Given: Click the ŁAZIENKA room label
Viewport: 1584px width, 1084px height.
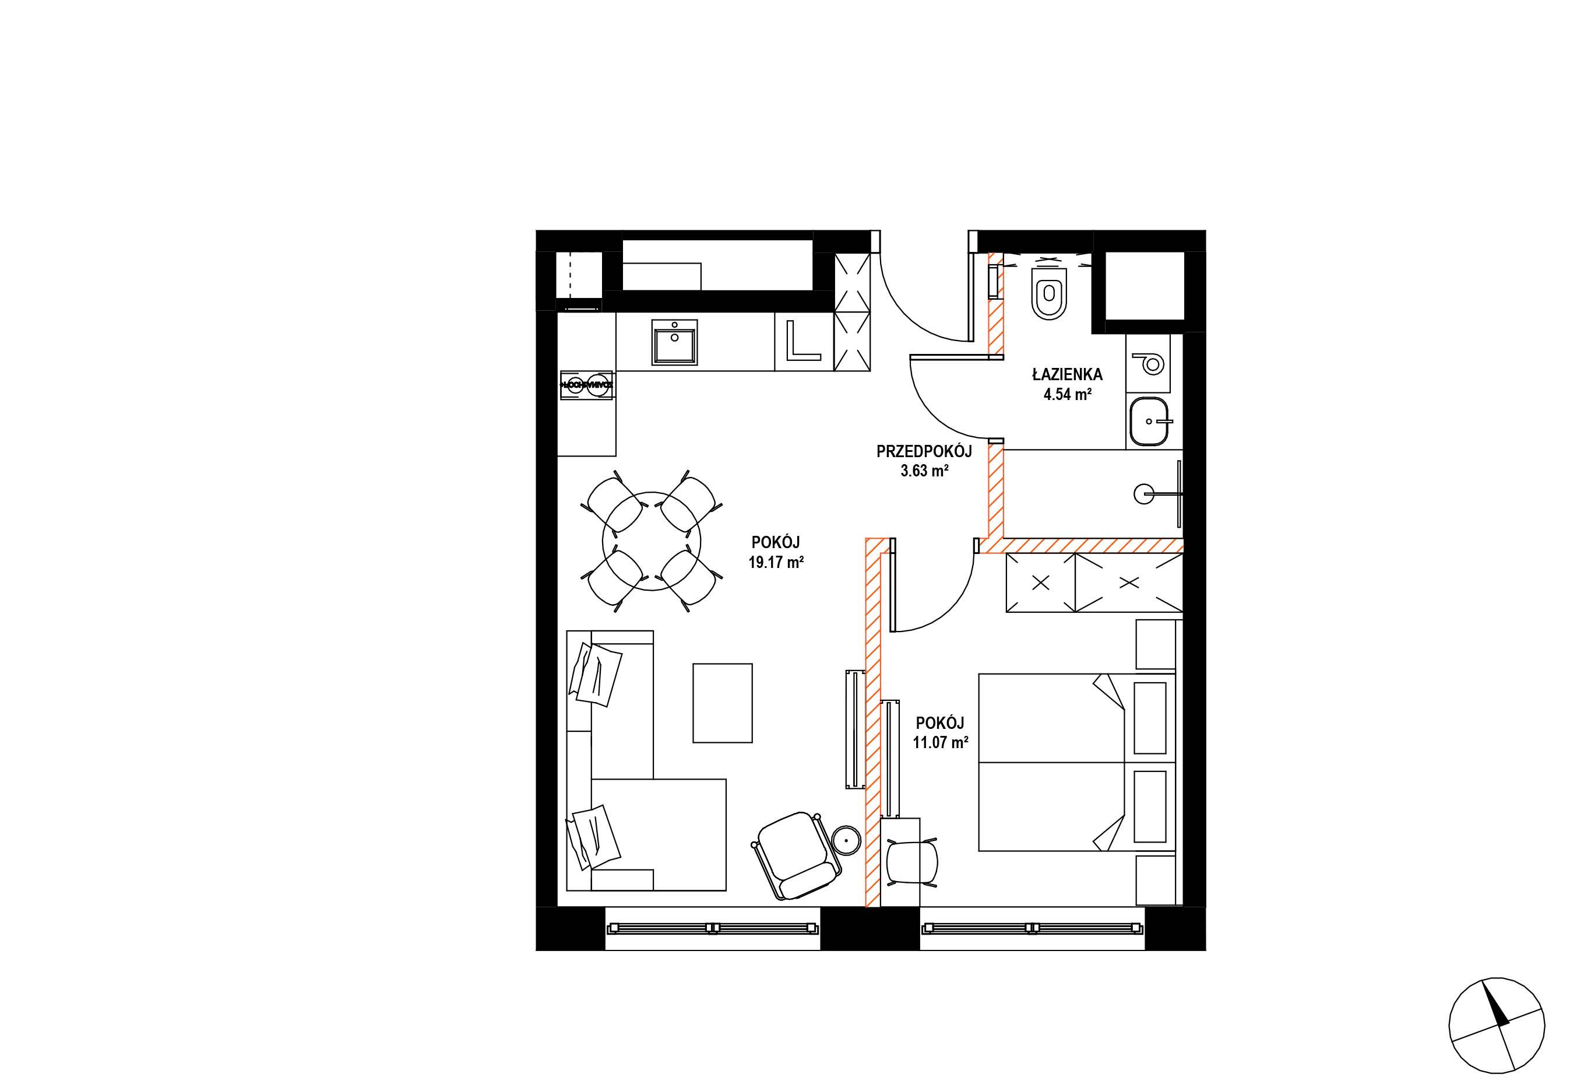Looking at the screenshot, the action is pos(1067,374).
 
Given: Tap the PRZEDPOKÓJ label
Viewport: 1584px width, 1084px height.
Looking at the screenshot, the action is pos(924,451).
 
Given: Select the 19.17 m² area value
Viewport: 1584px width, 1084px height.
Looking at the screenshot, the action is pos(776,563).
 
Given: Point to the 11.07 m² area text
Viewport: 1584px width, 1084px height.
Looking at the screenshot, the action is pos(941,742).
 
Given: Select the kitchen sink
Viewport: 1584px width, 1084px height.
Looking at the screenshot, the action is pos(675,342).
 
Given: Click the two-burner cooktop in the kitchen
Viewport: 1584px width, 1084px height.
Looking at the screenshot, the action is pos(586,384).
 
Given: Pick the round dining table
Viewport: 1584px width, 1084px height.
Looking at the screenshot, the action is pos(652,541).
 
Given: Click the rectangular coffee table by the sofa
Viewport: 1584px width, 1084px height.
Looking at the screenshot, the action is pos(723,703).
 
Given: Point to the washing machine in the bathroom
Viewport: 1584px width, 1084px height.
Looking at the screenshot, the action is pos(1149,363).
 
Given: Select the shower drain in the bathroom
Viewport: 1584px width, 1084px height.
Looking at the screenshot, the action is pos(1145,493).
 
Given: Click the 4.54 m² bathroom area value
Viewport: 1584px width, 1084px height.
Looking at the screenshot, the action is pos(1067,394).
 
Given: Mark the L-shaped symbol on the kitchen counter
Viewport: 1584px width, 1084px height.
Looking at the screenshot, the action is pos(803,341).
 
